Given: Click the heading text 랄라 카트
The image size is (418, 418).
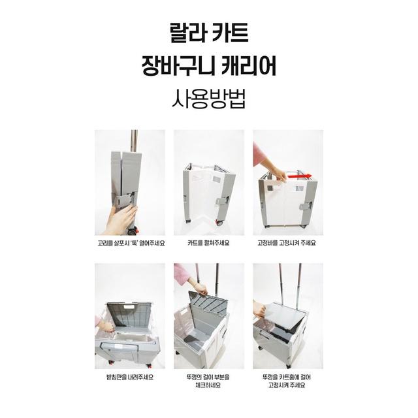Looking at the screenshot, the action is coord(209,33).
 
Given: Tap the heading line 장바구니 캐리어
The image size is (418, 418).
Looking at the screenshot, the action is coord(209,66).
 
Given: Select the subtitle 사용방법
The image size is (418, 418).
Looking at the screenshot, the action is coord(209,99).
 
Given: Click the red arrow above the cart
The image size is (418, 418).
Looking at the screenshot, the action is coord(299,176).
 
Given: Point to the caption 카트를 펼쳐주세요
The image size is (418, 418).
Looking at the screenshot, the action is coord(208,243).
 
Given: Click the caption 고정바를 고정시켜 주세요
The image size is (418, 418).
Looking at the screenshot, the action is coord(287,243).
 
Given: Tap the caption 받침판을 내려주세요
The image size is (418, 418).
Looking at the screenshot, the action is coord(130,378).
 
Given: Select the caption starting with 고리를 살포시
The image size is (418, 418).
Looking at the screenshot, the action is coord(131,243).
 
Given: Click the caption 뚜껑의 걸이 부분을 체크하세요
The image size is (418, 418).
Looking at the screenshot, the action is coord(208,381).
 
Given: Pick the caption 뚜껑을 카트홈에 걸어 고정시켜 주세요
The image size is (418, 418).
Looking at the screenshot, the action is coord(287,381).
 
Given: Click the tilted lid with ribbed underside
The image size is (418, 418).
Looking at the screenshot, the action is coord(208,303).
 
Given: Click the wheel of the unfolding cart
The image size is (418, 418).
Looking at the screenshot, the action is coord(219,223).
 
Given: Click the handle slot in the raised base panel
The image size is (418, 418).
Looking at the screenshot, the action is coord(131,308).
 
